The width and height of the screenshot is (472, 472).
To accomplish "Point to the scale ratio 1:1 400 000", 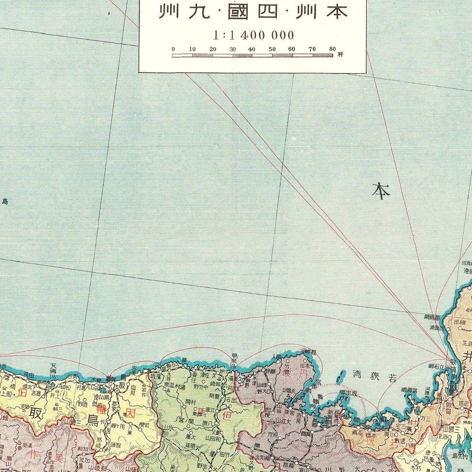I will point(253,35).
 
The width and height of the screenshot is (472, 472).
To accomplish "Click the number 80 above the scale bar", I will point(332,49).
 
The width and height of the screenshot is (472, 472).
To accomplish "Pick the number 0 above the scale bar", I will point(173,49).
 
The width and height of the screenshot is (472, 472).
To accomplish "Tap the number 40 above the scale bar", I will point(252,49).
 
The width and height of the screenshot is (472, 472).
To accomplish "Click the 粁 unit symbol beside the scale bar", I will point(340,54).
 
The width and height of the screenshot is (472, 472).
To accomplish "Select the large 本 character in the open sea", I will point(381,191).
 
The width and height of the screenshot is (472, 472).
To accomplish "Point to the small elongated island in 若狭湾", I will point(340,376).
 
